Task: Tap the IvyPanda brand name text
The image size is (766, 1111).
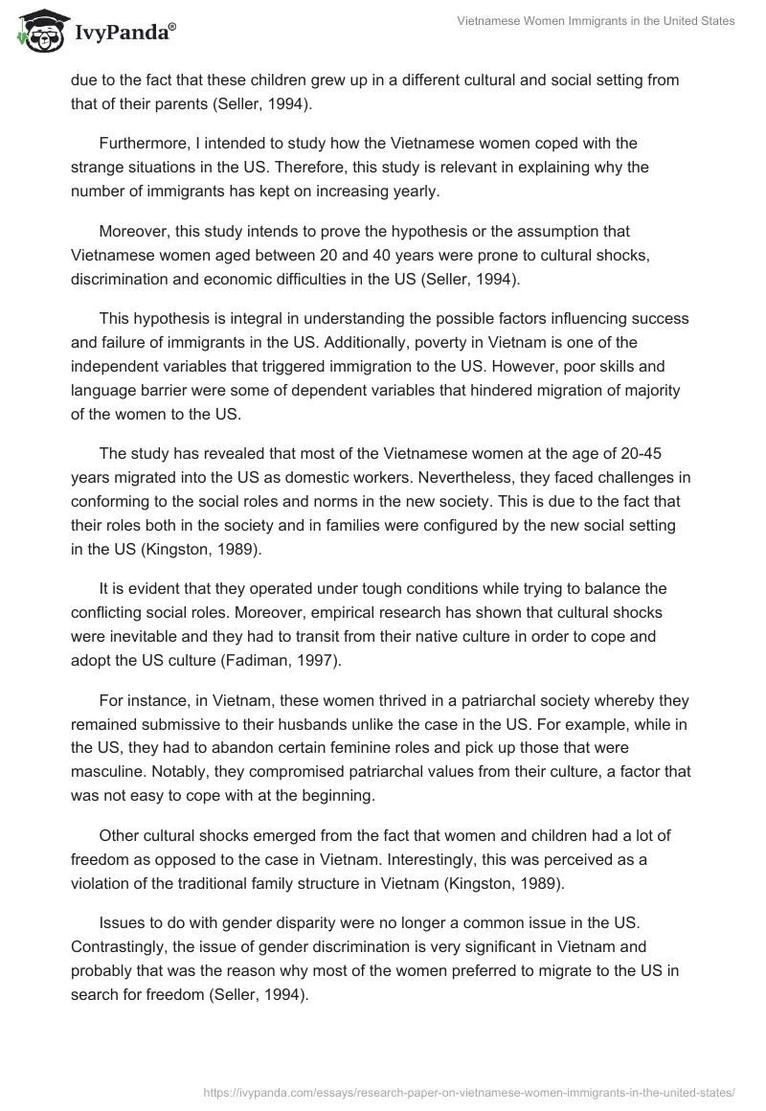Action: point(122,33)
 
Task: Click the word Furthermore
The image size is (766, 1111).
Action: point(141,143)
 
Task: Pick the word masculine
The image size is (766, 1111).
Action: point(107,743)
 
